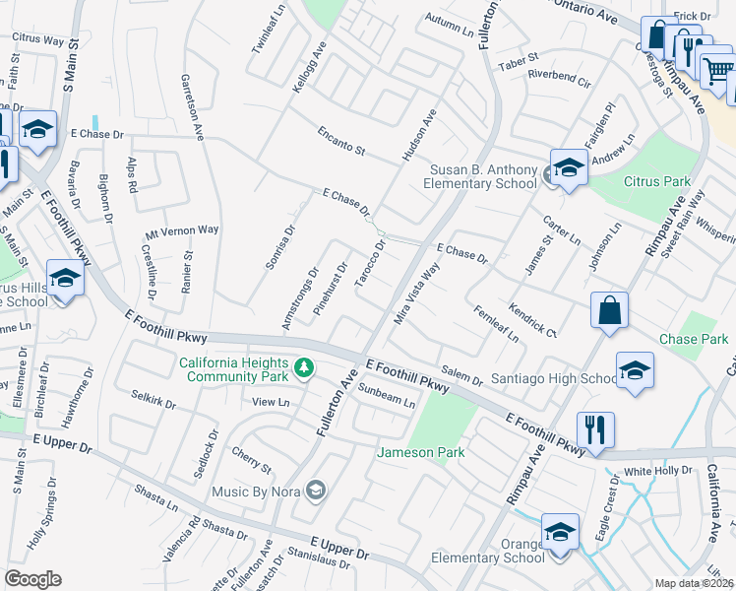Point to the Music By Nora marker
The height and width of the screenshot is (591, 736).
316,491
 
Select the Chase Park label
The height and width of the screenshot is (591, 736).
694,340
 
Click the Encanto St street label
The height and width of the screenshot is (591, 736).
341,142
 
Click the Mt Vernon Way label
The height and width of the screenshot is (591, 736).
181,230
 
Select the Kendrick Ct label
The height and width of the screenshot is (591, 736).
533,320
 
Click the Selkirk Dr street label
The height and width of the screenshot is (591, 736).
153,400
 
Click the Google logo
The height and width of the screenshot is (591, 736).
32,578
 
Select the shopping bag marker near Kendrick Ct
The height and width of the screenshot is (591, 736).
610,309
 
